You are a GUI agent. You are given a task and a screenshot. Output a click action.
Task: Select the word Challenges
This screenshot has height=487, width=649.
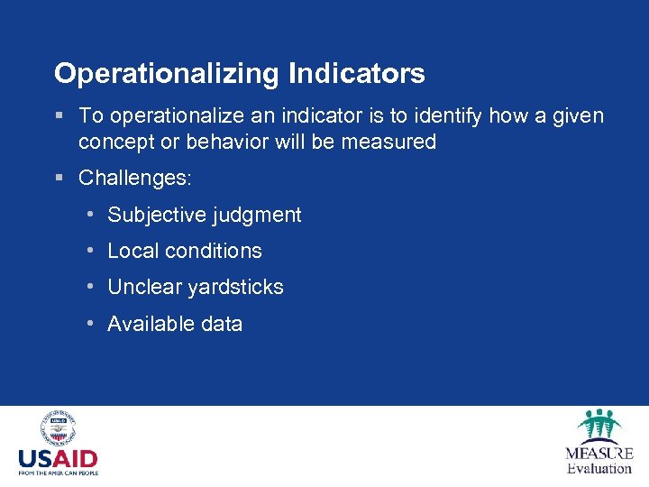pos(134,179)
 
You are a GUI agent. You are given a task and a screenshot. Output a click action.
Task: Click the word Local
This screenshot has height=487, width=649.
pos(131,251)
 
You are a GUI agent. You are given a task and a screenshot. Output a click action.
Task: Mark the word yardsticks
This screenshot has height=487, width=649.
pos(235,288)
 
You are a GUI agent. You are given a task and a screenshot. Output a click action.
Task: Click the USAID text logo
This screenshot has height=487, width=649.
pos(58,458)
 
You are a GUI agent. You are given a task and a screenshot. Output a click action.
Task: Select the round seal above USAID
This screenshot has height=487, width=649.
pos(58,427)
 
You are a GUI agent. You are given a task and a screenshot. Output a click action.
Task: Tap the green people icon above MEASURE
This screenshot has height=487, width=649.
pos(599,425)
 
